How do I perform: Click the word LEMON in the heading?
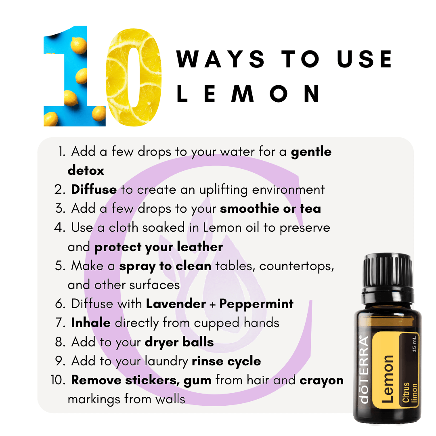pyautogui.click(x=248, y=93)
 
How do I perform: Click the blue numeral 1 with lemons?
pyautogui.click(x=75, y=76)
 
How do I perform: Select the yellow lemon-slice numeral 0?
pyautogui.click(x=134, y=77)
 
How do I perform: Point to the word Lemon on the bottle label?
pyautogui.click(x=388, y=379)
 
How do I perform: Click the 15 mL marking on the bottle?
pyautogui.click(x=414, y=344)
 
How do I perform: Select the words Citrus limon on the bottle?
pyautogui.click(x=410, y=392)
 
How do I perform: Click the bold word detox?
pyautogui.click(x=86, y=170)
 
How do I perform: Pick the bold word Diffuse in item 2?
pyautogui.click(x=94, y=189)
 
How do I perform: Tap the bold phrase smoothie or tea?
pyautogui.click(x=270, y=209)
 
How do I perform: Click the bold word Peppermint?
pyautogui.click(x=256, y=304)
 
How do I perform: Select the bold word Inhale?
pyautogui.click(x=91, y=323)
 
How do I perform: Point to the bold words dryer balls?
pyautogui.click(x=179, y=342)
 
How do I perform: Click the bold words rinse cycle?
pyautogui.click(x=226, y=361)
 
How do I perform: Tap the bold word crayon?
pyautogui.click(x=322, y=380)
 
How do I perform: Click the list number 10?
pyautogui.click(x=58, y=380)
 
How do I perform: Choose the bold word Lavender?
pyautogui.click(x=176, y=304)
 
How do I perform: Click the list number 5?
pyautogui.click(x=60, y=266)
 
